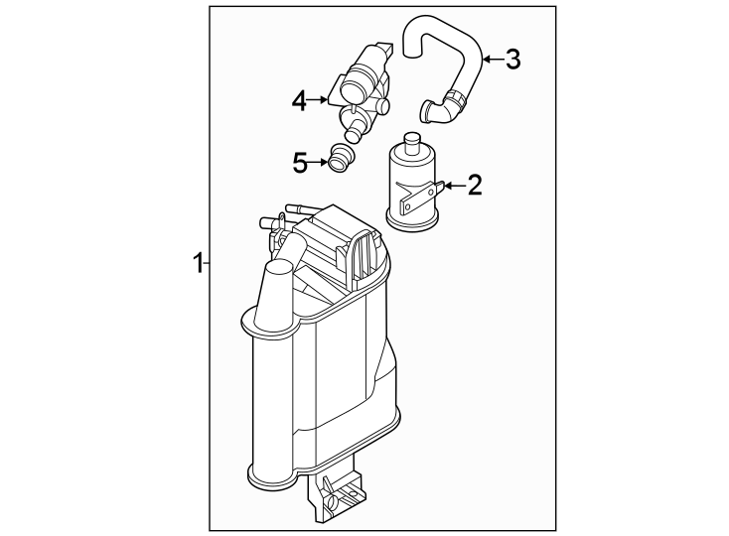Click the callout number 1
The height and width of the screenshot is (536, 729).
tap(198, 263)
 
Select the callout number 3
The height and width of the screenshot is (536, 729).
tap(511, 60)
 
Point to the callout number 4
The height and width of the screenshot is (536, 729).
tap(299, 99)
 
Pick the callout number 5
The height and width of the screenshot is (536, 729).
tap(300, 162)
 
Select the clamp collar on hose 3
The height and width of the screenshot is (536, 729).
tap(456, 102)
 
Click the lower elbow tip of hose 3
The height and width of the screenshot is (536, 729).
tap(427, 112)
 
